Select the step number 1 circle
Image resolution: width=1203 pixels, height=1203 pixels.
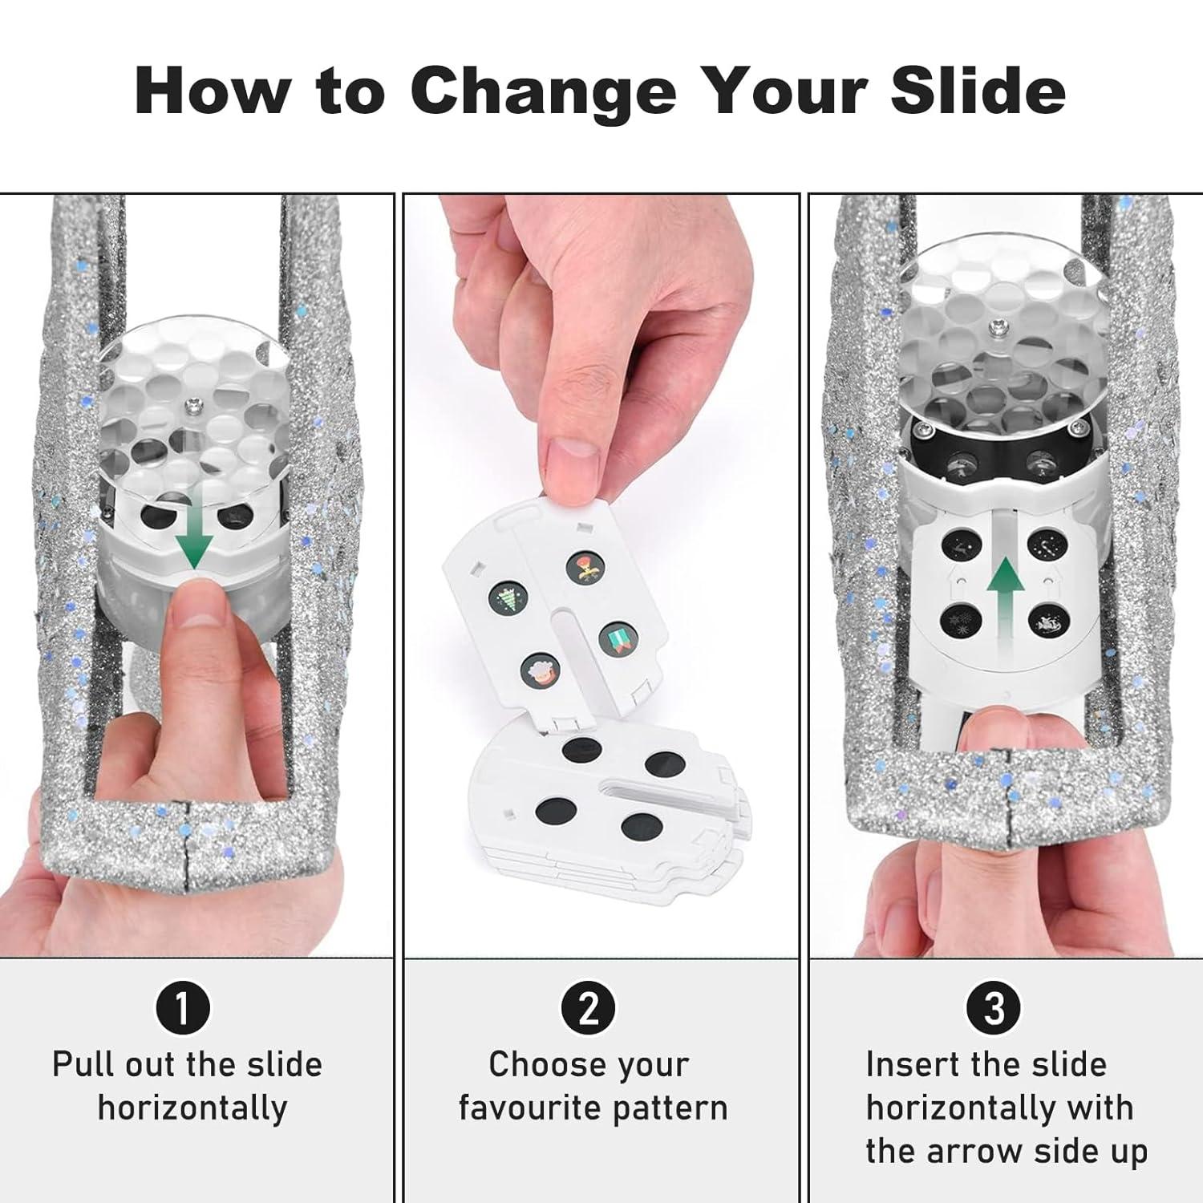coord(182,1008)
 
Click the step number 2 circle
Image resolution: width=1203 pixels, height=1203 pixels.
coord(589,1008)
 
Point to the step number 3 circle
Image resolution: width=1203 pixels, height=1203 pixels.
coord(994,1008)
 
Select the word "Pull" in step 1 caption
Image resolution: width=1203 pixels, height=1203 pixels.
coord(78,1065)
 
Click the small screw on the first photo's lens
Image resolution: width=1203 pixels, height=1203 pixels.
coord(192,406)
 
